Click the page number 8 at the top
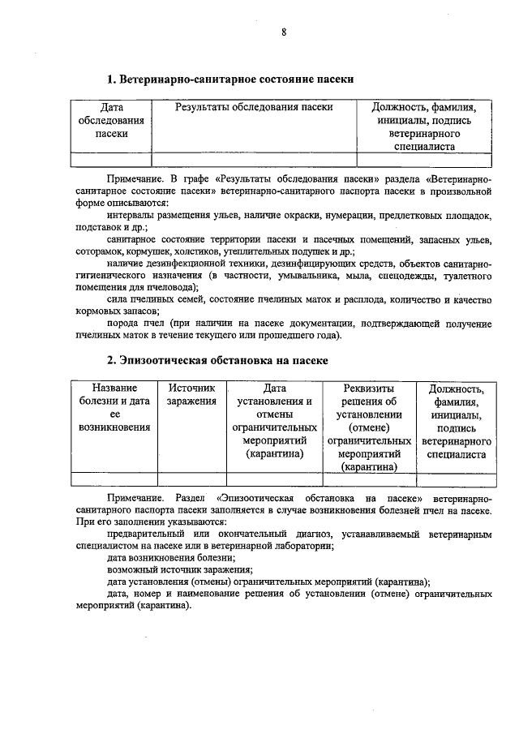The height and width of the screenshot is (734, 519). [284, 32]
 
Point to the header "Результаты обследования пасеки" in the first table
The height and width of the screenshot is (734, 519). [254, 107]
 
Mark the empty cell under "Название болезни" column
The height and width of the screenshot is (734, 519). [114, 478]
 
